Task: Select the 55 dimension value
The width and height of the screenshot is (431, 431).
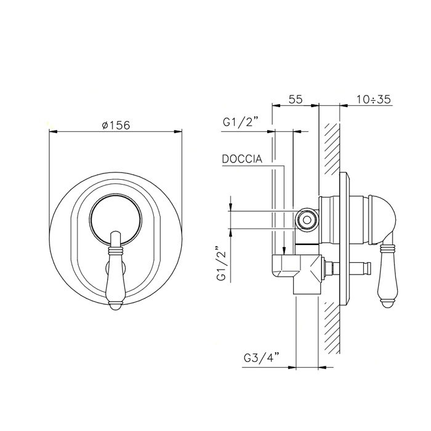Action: click(x=296, y=99)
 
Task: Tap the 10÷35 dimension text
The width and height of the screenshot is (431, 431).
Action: click(x=374, y=99)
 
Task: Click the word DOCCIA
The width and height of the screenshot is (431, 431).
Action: click(x=242, y=159)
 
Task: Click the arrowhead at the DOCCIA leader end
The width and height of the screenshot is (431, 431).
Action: click(x=283, y=252)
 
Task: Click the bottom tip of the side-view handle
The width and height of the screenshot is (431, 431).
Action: click(x=388, y=304)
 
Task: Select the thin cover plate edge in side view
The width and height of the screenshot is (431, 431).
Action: click(x=343, y=246)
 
